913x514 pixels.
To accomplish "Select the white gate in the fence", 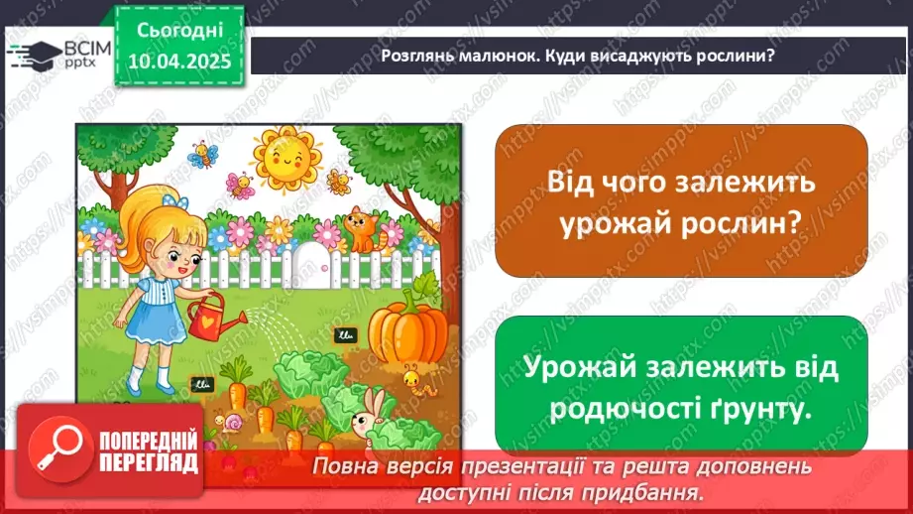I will point(318,263).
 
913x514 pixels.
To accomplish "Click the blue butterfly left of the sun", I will point(205,154).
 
